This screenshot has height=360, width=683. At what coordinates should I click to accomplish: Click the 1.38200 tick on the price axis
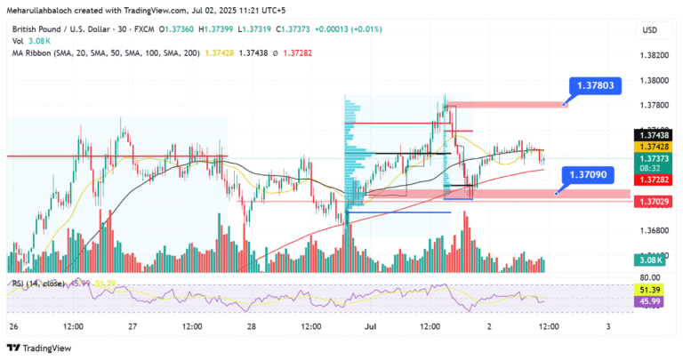tap(653, 54)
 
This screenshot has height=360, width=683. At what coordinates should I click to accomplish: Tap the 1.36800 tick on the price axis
tap(653, 228)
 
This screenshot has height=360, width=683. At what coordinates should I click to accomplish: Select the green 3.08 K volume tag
tap(652, 260)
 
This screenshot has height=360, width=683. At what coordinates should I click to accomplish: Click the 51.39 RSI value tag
tap(653, 290)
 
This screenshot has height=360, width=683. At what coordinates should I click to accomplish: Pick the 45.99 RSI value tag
tap(653, 302)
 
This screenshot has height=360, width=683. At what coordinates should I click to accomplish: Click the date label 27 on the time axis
tap(131, 326)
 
